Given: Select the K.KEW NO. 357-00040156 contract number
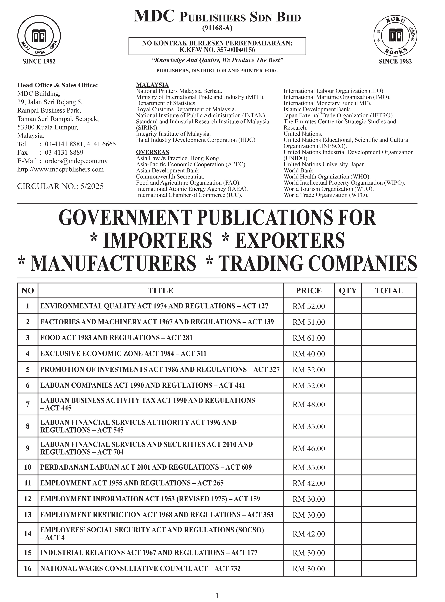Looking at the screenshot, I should tap(217, 50).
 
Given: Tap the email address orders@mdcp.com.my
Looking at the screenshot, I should tap(76, 161).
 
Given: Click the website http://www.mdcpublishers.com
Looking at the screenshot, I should tap(61, 170).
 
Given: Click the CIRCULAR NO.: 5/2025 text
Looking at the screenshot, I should tap(60, 186).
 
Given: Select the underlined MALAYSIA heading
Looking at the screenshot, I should tap(152, 85).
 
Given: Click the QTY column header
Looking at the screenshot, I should tap(348, 291).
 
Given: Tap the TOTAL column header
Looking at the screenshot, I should tap(389, 291).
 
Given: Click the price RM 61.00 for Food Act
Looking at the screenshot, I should tap(309, 338).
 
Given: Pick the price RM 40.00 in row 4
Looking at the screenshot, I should tap(309, 354).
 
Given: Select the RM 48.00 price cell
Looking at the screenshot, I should tap(309, 405).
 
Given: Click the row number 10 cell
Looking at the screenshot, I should tap(28, 467).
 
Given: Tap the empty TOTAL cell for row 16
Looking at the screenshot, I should tap(389, 569).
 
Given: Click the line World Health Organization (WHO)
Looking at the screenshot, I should tap(327, 177).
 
